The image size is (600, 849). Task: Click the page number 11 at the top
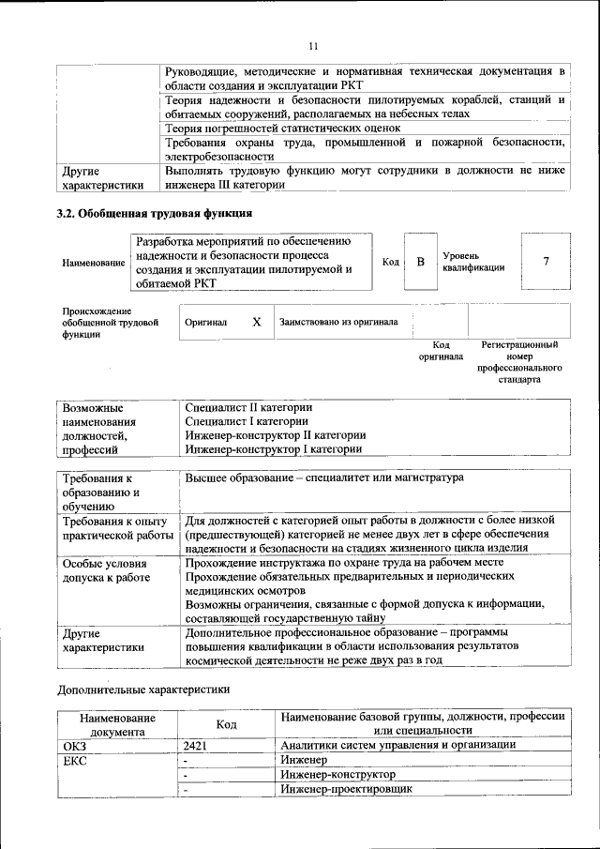[313, 45]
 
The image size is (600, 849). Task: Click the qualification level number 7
[545, 261]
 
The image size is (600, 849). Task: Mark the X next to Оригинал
[256, 322]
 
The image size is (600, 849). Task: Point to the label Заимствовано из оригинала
[337, 322]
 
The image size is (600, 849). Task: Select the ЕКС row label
[75, 760]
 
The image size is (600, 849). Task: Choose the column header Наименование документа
[118, 723]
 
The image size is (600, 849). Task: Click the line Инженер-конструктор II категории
[275, 435]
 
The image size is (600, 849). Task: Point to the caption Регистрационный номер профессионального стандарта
[519, 363]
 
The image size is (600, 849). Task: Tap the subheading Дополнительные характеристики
[143, 690]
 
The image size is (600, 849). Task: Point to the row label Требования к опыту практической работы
[113, 527]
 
